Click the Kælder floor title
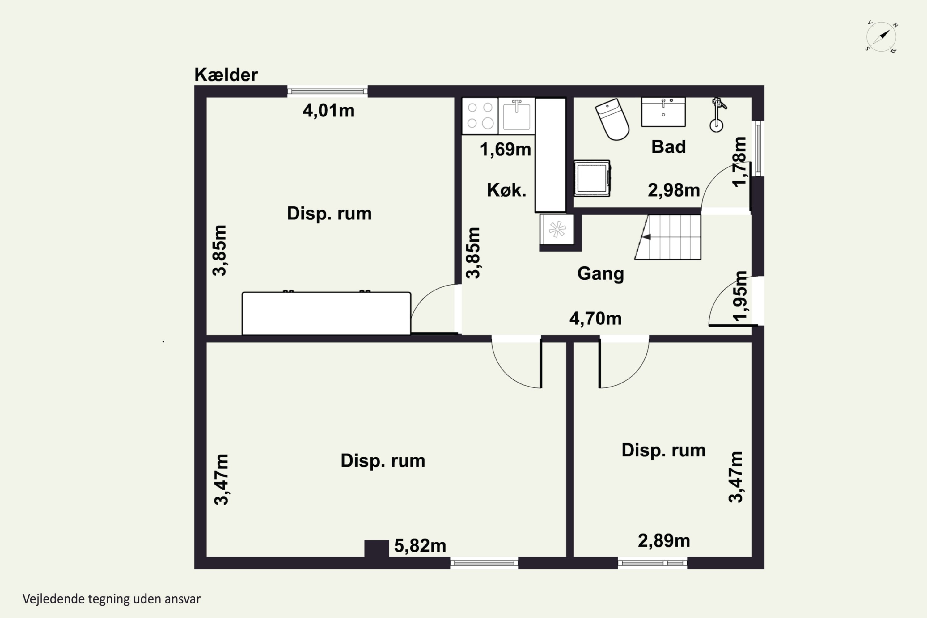coord(226,75)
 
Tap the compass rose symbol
coord(881,37)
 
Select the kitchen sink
coord(516,116)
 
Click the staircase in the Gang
coord(668,237)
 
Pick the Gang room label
coord(601,274)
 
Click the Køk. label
coord(506,190)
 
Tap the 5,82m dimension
coord(420,546)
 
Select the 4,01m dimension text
coord(328,110)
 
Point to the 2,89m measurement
coord(664,541)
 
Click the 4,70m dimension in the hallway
coord(595,319)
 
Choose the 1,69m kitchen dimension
coord(505,149)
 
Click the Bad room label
coord(668,147)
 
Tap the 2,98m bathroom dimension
coord(674,190)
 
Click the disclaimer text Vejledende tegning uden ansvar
coord(112,599)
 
